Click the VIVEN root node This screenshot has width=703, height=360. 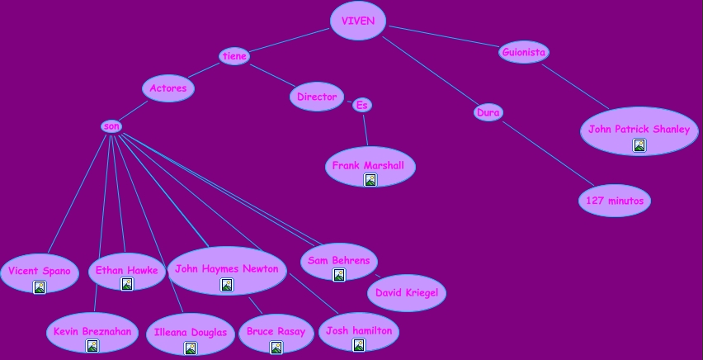pos(357,21)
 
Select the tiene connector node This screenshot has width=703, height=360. pos(234,56)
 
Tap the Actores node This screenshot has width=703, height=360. pos(168,88)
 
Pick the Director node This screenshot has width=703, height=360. pos(317,97)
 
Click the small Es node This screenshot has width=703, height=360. pos(361,105)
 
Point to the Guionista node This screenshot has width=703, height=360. pos(524,53)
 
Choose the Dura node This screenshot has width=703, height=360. pos(488,112)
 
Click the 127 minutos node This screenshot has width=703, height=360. pos(615,200)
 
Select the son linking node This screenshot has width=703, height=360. pos(111,126)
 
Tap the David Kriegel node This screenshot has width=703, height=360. pos(407,293)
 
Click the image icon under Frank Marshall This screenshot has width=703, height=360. pos(370,180)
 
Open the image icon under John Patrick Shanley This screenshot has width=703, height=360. pos(639,145)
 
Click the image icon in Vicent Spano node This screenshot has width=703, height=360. pos(40,287)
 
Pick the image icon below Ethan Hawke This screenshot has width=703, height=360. pos(127,284)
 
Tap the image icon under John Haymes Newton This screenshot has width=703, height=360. pos(227,285)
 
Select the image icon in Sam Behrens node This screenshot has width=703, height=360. pos(339,275)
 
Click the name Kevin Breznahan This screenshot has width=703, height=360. pos(92,331)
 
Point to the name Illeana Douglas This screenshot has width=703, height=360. pos(191,333)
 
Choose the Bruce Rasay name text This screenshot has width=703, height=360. pos(276,332)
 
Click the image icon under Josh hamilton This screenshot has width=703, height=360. pos(359,345)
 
